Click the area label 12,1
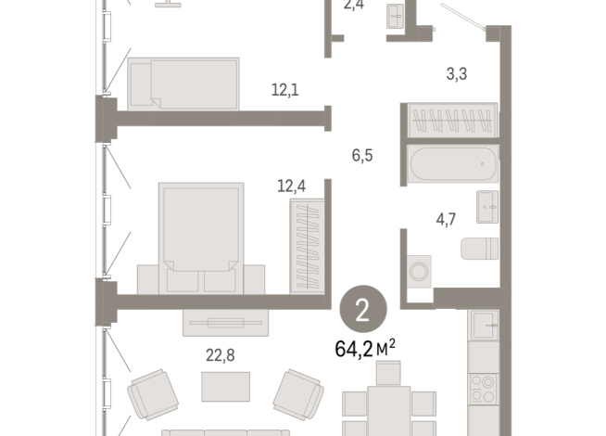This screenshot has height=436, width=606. pos(284,91)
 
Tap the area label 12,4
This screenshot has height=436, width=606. pos(291,186)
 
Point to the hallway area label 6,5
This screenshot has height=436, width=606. pos(362,156)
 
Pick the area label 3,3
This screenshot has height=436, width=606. pos(455,73)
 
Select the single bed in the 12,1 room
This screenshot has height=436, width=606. pos(183,81)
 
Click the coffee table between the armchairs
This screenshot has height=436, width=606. pos(225,385)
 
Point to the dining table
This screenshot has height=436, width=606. pos(389,408)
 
